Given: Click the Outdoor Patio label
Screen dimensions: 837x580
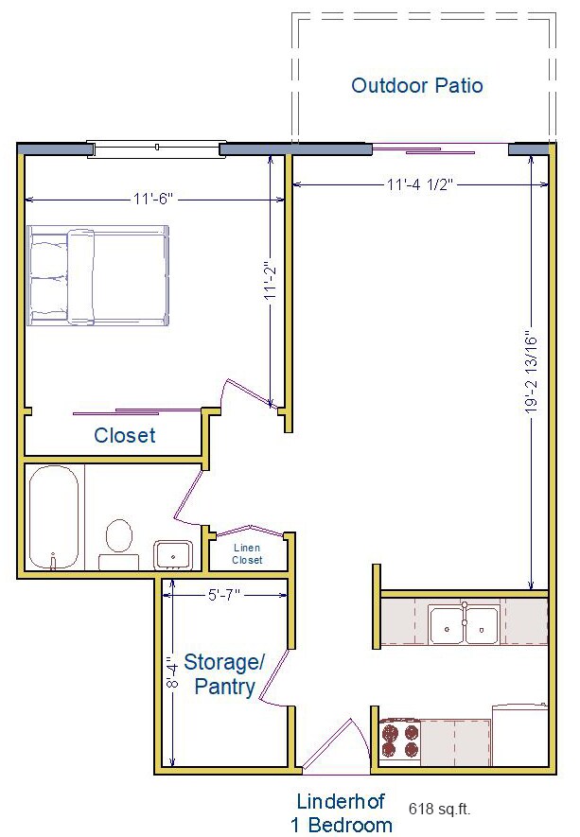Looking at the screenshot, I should click(417, 86).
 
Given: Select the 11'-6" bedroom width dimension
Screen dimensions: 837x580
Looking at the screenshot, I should click(154, 200).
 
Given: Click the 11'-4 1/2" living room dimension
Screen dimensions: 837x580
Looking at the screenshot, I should click(421, 185).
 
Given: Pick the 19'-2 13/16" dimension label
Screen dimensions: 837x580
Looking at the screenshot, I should click(532, 373).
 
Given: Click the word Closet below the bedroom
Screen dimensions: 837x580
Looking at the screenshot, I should click(125, 436).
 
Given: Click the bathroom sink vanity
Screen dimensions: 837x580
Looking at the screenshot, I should click(174, 554).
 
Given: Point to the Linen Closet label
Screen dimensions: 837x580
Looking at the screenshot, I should click(247, 554).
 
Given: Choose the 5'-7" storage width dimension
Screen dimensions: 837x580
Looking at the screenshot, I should click(223, 595).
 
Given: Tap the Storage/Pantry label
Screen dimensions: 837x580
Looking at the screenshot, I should click(224, 673).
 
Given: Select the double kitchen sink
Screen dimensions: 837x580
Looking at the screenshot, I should click(464, 624).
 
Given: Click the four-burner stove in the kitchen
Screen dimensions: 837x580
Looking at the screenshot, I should click(399, 739).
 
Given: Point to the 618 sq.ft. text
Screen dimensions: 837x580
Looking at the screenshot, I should click(439, 809).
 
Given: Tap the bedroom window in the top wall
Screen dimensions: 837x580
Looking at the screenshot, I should click(153, 148).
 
